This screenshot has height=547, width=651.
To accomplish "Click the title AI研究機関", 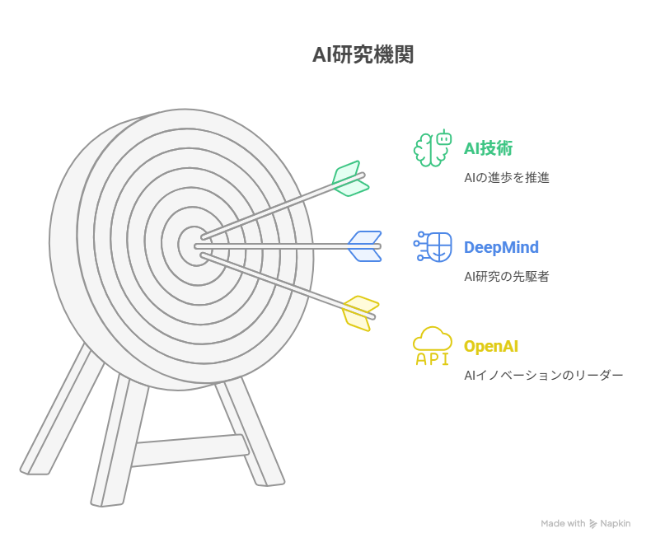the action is coord(363,55).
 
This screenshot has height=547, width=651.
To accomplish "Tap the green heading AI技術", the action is coord(488,148).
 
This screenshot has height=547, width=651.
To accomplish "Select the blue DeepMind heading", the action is coord(501,247).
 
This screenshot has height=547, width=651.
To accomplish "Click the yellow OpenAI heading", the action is coord(491,346).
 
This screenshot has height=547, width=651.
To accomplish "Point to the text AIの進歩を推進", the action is coord(507,178).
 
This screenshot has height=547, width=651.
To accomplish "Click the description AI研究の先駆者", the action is coord(507,277).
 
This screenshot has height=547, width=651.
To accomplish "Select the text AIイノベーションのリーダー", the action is coord(544,375).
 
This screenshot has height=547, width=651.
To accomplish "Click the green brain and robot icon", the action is coord(433,147).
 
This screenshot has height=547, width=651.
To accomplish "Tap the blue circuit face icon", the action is coord(433,246).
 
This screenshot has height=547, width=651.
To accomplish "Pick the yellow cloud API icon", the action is coord(433,346).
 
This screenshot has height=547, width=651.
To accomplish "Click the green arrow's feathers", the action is coord(351,179).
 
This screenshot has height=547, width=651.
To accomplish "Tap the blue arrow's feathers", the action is coord(365,246).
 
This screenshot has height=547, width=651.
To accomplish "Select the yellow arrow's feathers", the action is coord(360,313).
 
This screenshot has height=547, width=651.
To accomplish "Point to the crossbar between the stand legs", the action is coord(190,451).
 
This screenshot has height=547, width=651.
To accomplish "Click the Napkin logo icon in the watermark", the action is coord(592,524).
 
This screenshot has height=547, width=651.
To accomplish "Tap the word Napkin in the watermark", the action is coord(616,524).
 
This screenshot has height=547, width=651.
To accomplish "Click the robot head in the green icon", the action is coord(444,138).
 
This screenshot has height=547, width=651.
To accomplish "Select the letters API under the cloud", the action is coord(433,359).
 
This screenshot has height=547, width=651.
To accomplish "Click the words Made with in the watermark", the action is coord(563,524).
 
